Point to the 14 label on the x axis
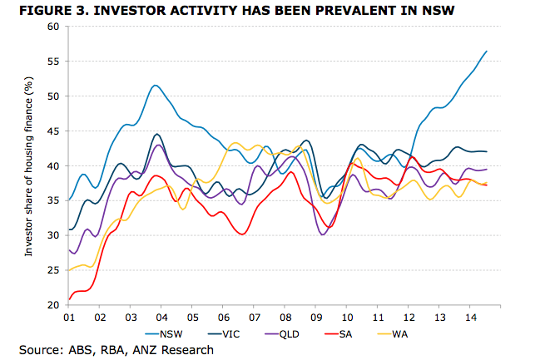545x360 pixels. tap(471, 318)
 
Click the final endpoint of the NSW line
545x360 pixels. tap(487, 52)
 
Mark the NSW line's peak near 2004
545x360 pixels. tap(156, 85)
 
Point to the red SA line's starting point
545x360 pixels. tap(68, 299)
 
